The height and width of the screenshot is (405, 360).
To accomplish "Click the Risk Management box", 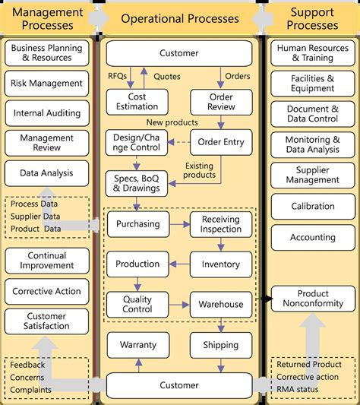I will click(x=47, y=83).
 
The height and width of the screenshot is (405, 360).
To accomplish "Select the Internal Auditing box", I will click(x=47, y=113).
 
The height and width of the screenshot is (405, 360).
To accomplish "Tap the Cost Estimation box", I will click(x=137, y=102).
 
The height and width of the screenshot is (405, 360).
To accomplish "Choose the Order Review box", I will click(x=221, y=102).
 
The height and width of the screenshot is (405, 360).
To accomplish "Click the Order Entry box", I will click(x=221, y=142).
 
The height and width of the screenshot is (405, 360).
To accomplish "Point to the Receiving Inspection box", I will click(x=221, y=224).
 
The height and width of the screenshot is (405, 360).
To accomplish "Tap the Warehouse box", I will click(x=221, y=305).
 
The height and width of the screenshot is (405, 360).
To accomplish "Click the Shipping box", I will click(x=221, y=345).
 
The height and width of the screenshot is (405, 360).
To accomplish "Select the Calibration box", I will click(x=313, y=206).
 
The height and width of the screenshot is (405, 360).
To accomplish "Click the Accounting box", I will click(x=313, y=237).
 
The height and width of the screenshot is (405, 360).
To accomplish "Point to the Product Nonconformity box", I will click(x=313, y=299).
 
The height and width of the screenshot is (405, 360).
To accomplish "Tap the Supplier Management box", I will click(x=313, y=176).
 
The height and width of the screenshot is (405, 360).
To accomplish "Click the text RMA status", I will click(x=298, y=390).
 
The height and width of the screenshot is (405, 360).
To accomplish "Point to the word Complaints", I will click(x=31, y=390).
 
